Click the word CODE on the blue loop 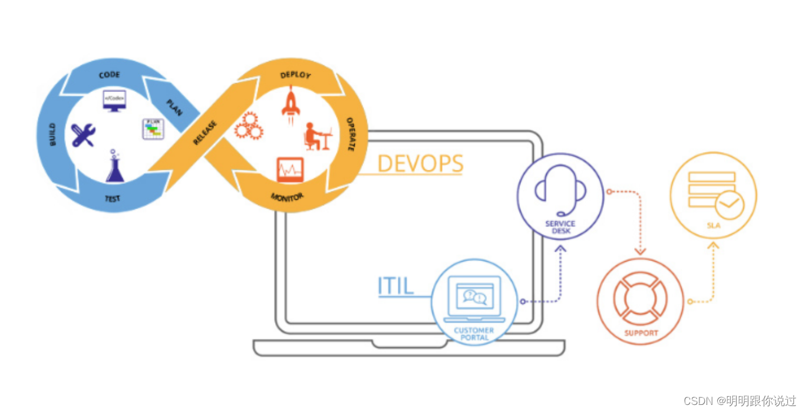(x=110, y=75)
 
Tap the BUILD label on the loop (x=52, y=134)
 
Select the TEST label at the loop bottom (x=113, y=199)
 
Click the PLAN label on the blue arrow (x=174, y=107)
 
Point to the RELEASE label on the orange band (x=205, y=133)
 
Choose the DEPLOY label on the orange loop (x=295, y=75)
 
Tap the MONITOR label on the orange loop (x=287, y=197)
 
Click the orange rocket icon (x=291, y=104)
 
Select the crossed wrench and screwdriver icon (x=83, y=135)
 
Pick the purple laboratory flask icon (x=115, y=167)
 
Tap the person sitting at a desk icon (x=317, y=137)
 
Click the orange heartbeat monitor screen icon (x=290, y=170)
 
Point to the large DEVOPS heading (x=420, y=163)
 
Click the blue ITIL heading (x=395, y=286)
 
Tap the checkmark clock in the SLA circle (x=729, y=205)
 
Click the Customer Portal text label (x=474, y=334)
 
